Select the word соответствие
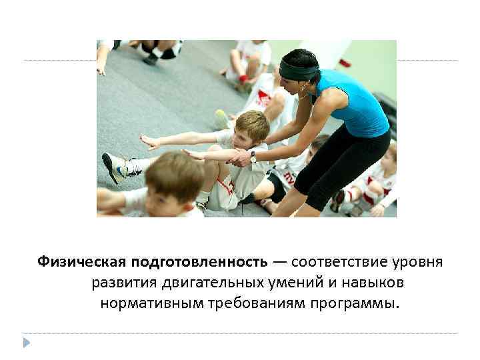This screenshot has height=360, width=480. coord(335,260)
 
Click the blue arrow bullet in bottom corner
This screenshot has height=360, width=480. coord(26,342)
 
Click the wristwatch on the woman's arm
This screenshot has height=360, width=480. coord(254,157)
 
